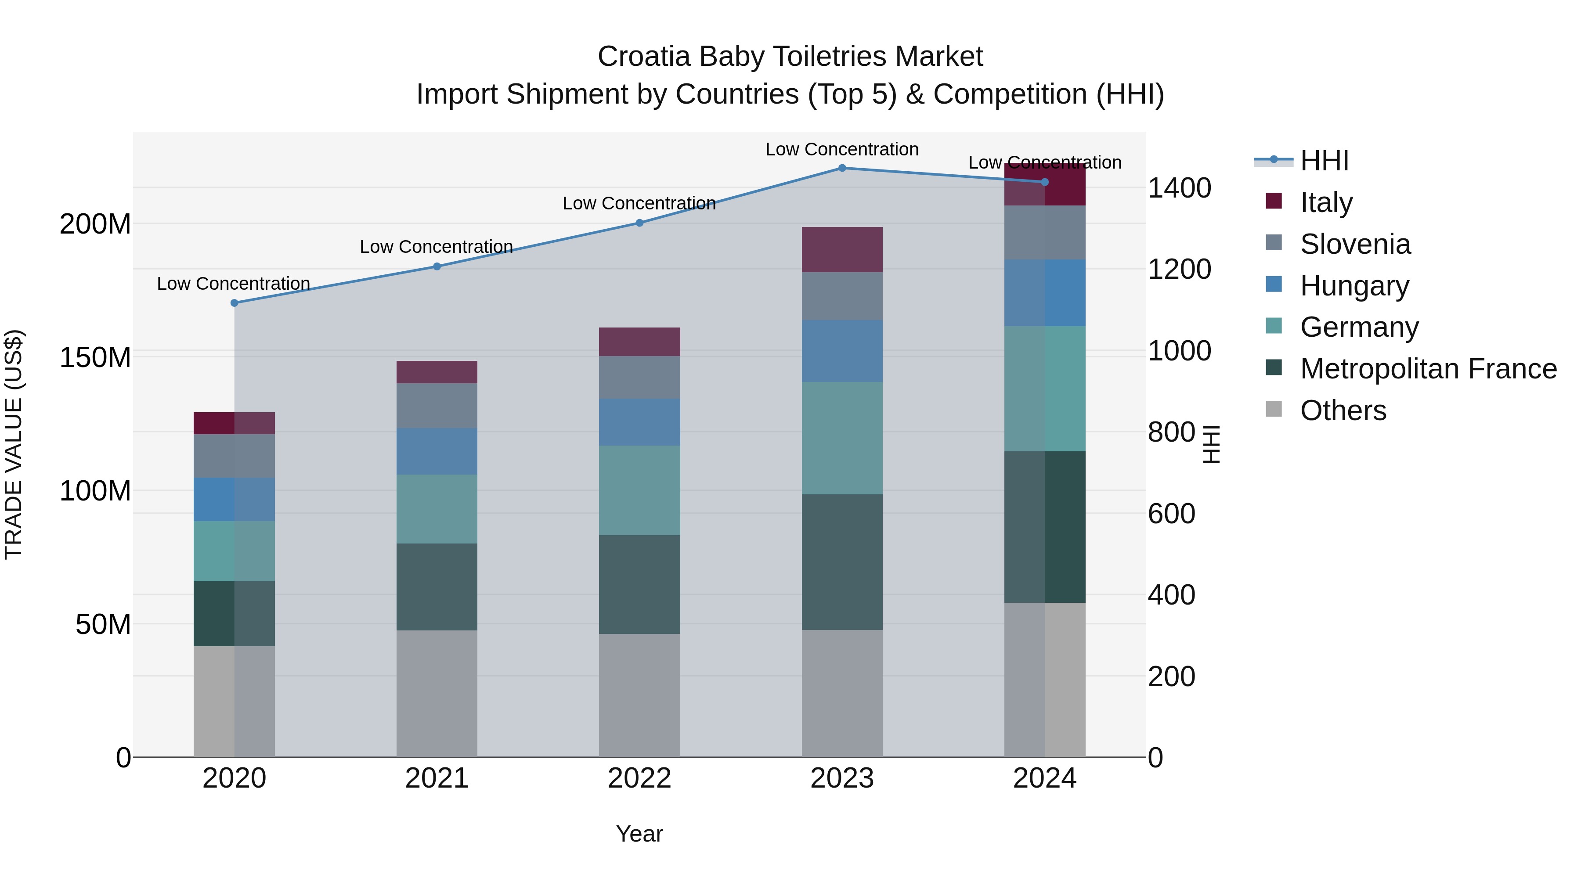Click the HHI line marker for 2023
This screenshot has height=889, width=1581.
click(x=842, y=168)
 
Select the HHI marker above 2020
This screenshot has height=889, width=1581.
click(x=234, y=303)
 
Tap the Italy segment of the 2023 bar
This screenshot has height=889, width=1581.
click(x=842, y=250)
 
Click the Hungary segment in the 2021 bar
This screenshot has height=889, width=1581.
click(x=437, y=452)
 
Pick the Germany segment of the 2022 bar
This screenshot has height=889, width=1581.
click(x=639, y=490)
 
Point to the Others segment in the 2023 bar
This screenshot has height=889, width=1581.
click(x=842, y=693)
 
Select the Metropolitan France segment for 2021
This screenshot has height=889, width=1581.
click(x=437, y=587)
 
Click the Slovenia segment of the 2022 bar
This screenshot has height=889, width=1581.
click(x=639, y=377)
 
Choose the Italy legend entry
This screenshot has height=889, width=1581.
click(x=1326, y=202)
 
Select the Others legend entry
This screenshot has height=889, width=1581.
click(x=1342, y=410)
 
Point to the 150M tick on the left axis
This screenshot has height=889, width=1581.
click(x=95, y=357)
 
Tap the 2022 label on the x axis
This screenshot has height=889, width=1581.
click(x=639, y=778)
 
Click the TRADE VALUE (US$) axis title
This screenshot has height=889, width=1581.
click(x=14, y=444)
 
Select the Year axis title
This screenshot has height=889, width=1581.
click(x=639, y=834)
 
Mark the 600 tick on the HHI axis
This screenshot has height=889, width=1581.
click(x=1171, y=514)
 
